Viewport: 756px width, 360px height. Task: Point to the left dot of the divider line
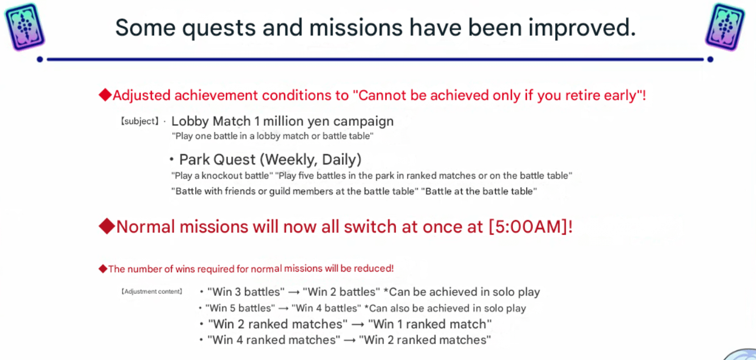40,60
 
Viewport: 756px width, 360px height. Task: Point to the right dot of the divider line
710,60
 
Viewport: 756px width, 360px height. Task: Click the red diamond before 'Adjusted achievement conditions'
105,95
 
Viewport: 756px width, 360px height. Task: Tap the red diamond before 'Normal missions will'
107,226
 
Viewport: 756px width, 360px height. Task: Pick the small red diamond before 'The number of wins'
103,269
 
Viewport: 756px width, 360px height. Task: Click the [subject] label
140,121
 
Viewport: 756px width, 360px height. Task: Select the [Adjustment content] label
152,291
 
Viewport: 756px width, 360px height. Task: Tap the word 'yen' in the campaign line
319,121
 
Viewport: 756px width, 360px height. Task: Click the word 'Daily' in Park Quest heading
341,159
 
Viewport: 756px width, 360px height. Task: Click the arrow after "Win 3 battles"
294,293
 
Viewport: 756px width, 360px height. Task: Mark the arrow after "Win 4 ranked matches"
350,340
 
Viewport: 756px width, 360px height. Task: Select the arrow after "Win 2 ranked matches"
358,325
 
